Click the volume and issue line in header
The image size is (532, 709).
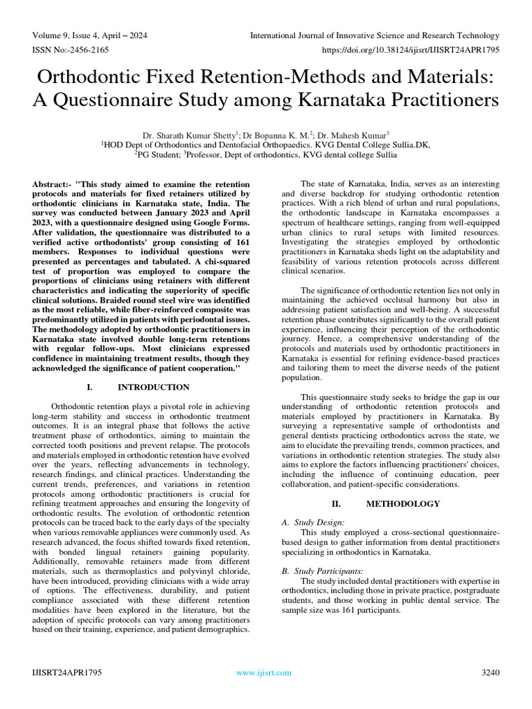coord(89,35)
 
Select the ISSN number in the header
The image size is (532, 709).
coord(69,50)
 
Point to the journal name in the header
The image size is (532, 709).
coord(375,35)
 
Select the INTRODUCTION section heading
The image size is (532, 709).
coord(153,387)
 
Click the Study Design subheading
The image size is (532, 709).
coord(319,523)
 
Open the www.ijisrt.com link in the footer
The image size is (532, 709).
coord(264,672)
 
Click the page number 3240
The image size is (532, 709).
coord(490,672)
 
